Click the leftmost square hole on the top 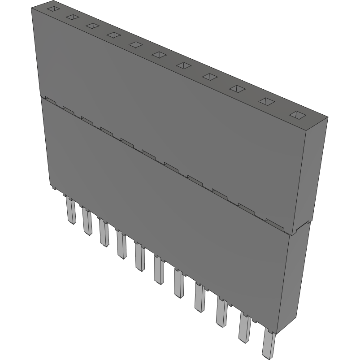[53, 9]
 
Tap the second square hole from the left [72, 17]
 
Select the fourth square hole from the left [113, 35]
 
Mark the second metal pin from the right [245, 329]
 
